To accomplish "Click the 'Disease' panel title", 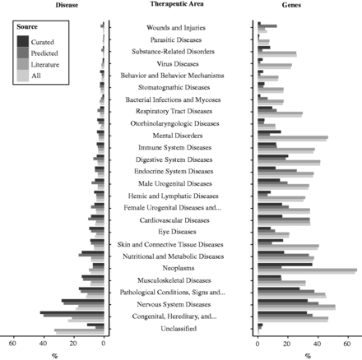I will [x=67, y=5].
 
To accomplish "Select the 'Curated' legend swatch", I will [x=25, y=40].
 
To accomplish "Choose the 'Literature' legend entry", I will [x=44, y=63].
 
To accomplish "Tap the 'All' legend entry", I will [x=36, y=75].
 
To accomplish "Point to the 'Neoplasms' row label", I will [x=179, y=268].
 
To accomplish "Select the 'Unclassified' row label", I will [x=179, y=328].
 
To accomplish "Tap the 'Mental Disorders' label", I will [x=179, y=136].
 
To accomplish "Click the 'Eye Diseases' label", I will [x=179, y=232].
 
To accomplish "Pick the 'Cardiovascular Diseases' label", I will [x=179, y=220].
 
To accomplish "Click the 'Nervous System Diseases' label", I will [x=179, y=304].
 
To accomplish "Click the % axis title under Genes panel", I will [x=308, y=355].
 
